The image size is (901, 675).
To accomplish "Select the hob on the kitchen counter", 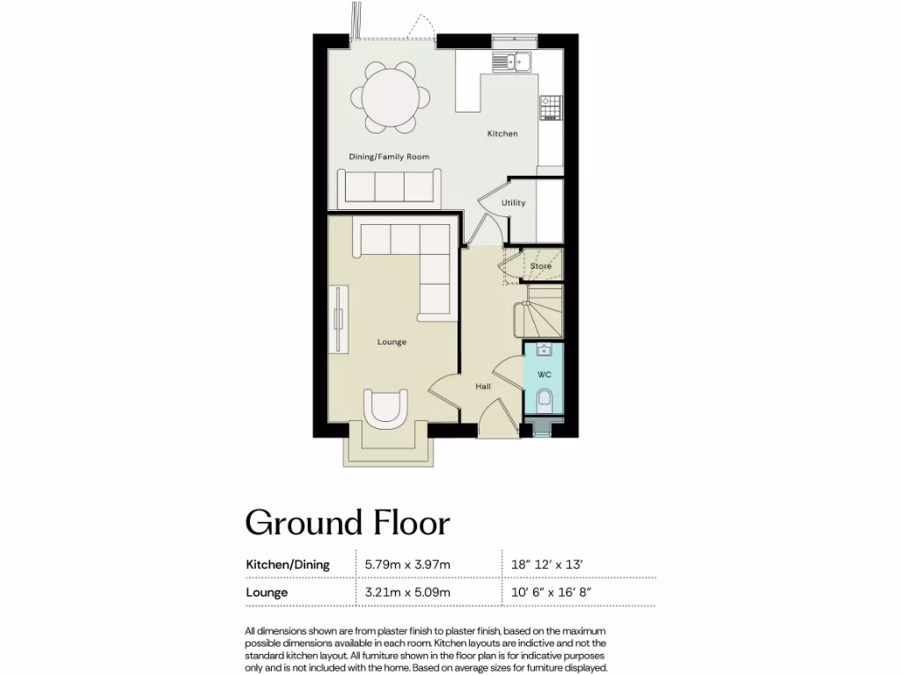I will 551,109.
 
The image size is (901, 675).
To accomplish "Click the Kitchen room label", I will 502,134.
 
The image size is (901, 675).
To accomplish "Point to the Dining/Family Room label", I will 389,156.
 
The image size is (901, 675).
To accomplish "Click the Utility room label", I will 513,203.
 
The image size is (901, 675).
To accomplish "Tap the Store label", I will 540,265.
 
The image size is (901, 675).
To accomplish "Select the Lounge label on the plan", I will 392,342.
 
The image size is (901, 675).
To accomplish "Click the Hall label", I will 483,386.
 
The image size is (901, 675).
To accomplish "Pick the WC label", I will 544,374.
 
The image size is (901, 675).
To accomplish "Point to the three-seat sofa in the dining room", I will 389,187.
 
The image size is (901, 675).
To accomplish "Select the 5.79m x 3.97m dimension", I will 407,564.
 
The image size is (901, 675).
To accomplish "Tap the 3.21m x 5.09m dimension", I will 407,592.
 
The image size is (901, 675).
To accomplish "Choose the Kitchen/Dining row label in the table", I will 287,564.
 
